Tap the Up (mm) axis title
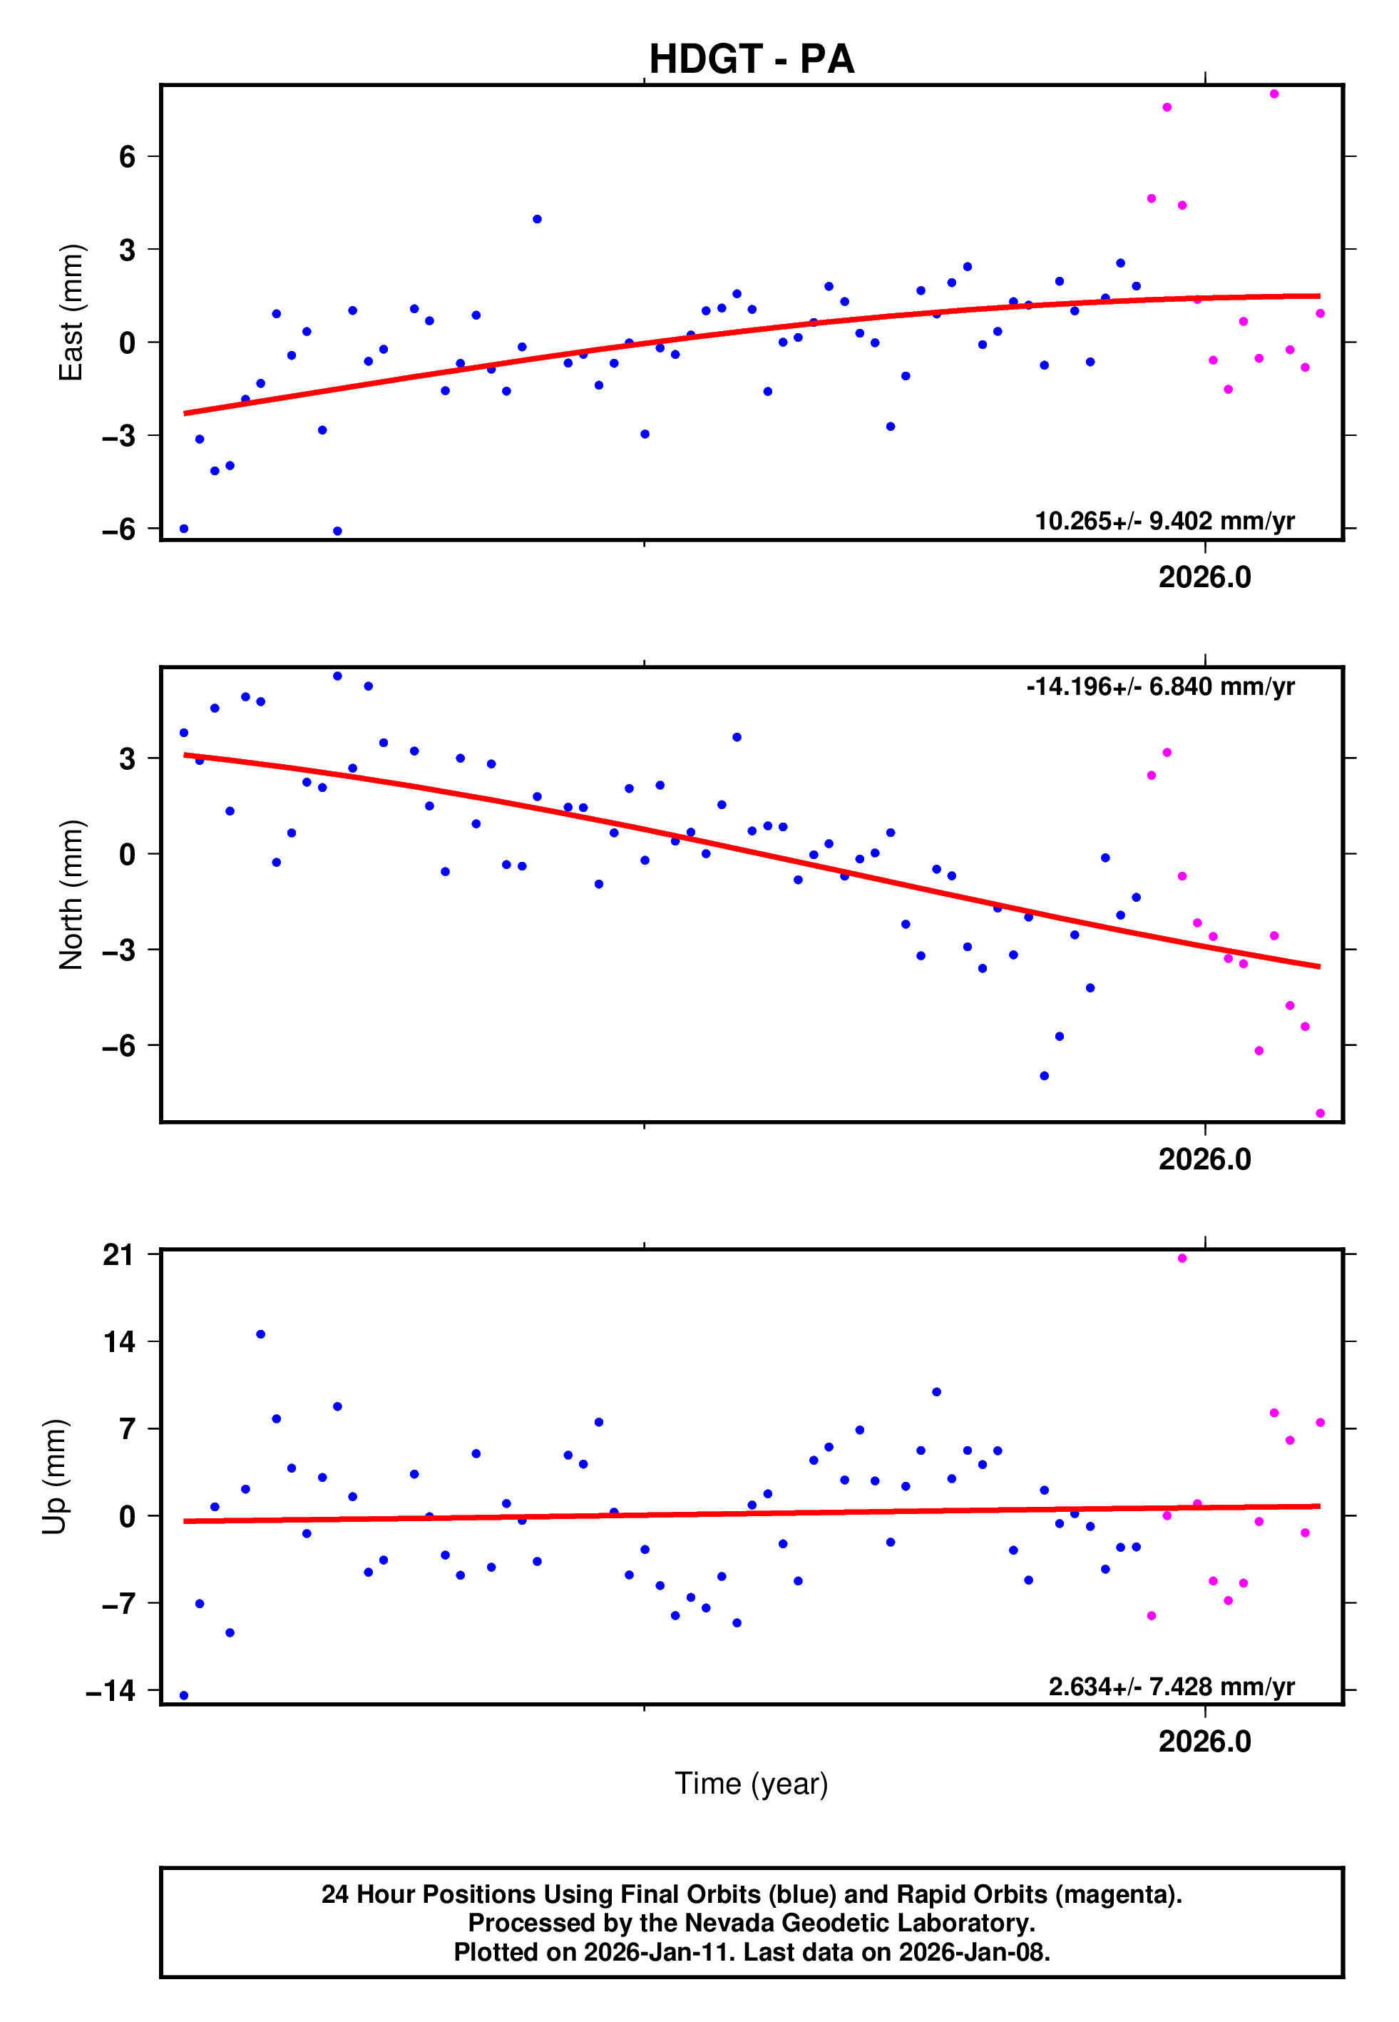[x=54, y=1477]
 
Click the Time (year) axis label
[x=752, y=1784]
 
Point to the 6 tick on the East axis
[x=128, y=157]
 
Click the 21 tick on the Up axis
[x=119, y=1255]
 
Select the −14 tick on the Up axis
[x=111, y=1690]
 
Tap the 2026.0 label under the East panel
[x=1204, y=578]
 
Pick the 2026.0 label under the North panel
[x=1204, y=1159]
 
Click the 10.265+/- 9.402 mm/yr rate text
[x=1164, y=521]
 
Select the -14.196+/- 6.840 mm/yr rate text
[x=1161, y=686]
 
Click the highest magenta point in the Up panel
[x=1182, y=1259]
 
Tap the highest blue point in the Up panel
[x=260, y=1334]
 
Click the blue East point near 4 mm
[x=538, y=219]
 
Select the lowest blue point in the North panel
[x=1044, y=1076]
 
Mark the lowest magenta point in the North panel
[x=1320, y=1114]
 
